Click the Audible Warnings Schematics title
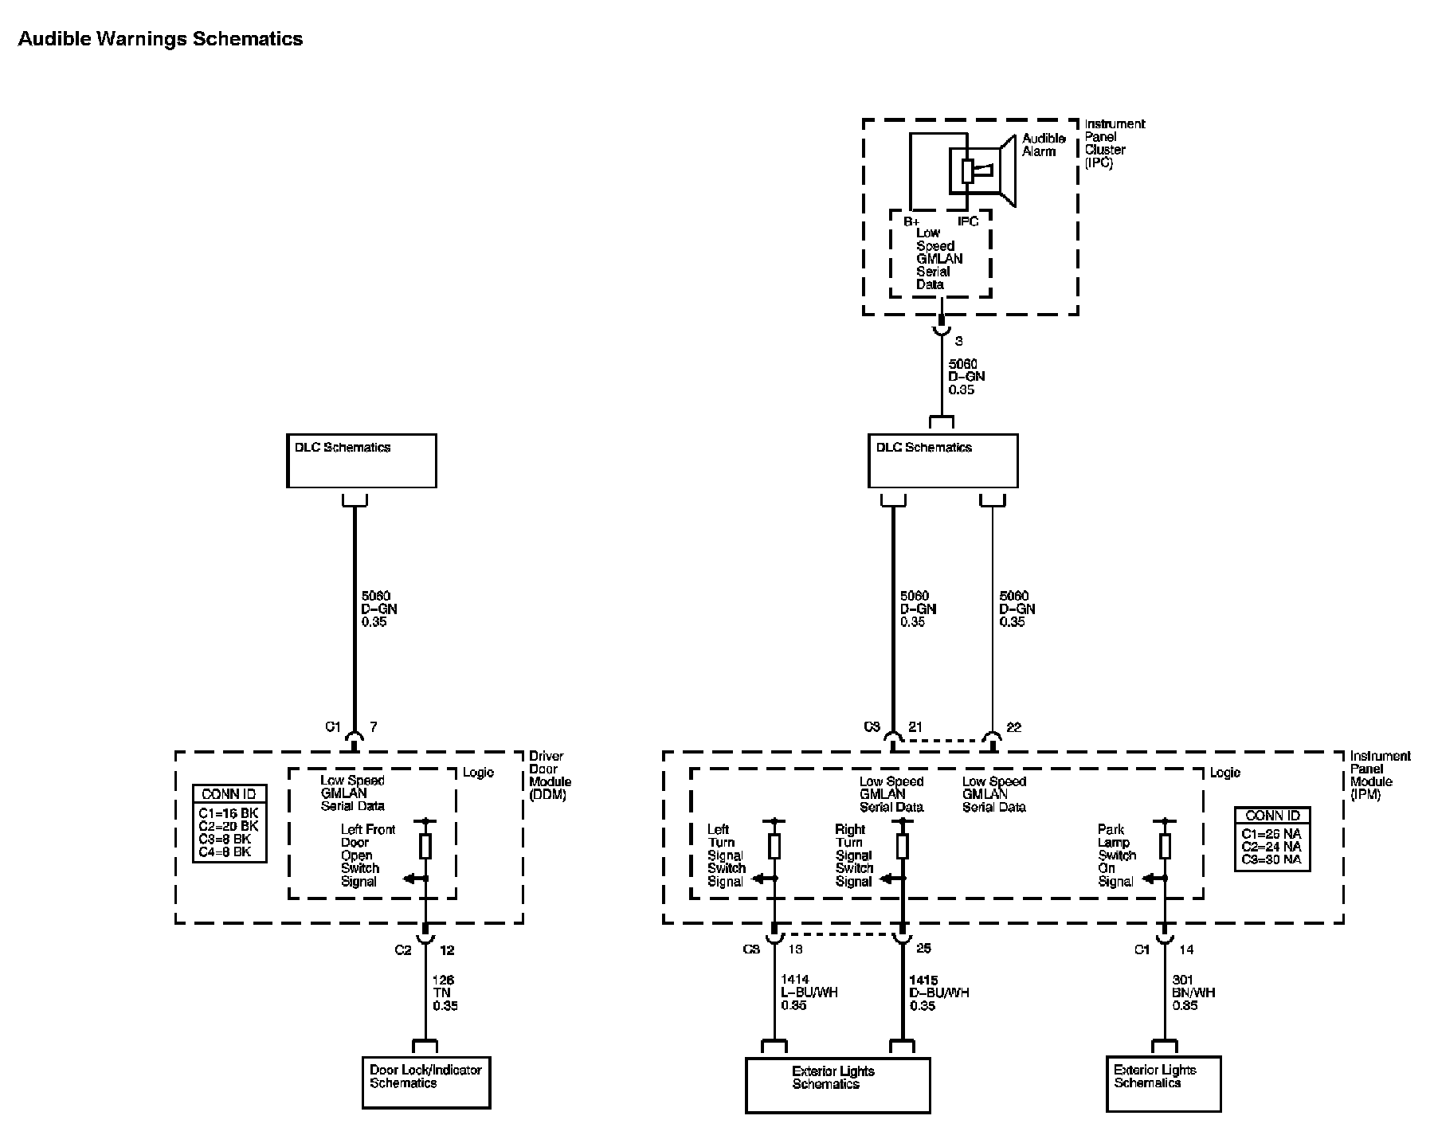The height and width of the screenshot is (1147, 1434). pyautogui.click(x=160, y=39)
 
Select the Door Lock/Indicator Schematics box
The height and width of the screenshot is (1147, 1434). pyautogui.click(x=426, y=1082)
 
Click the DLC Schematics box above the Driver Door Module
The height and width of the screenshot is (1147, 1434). pyautogui.click(x=362, y=460)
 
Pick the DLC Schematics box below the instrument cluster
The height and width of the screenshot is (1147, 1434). pyautogui.click(x=942, y=460)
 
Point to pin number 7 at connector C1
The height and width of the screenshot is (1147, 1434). pyautogui.click(x=373, y=727)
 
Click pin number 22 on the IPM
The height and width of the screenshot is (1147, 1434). pyautogui.click(x=1013, y=727)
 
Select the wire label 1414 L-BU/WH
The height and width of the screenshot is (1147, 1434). pyautogui.click(x=809, y=987)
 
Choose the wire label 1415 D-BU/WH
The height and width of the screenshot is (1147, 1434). pyautogui.click(x=938, y=987)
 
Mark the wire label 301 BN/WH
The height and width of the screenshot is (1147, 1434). pyautogui.click(x=1193, y=987)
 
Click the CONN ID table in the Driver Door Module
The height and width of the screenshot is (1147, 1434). pyautogui.click(x=229, y=824)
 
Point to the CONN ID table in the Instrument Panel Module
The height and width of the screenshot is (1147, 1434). pyautogui.click(x=1271, y=840)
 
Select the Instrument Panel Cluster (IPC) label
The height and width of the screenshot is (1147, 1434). pyautogui.click(x=1115, y=143)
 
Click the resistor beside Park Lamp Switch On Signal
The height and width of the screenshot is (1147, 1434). pyautogui.click(x=1165, y=845)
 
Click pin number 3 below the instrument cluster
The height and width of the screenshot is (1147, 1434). pyautogui.click(x=959, y=341)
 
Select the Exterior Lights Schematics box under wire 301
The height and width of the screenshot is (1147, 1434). pyautogui.click(x=1163, y=1083)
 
